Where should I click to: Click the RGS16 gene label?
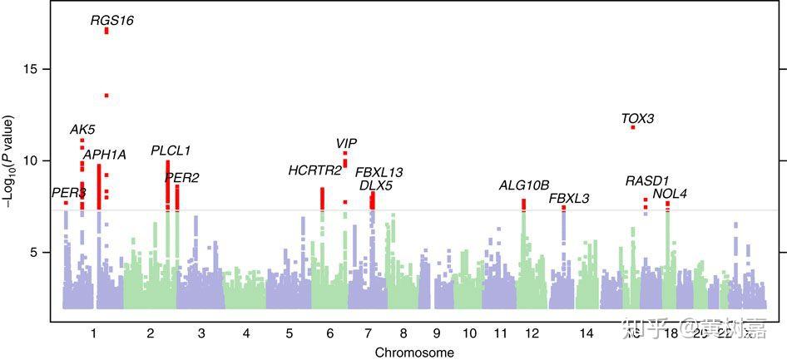[x=112, y=20]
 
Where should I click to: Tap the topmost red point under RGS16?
[x=106, y=31]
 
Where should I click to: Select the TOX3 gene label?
[x=637, y=119]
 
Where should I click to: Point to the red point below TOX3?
[x=633, y=127]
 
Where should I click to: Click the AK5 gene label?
[x=82, y=130]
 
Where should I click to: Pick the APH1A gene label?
[x=104, y=155]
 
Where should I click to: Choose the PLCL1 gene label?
[x=171, y=150]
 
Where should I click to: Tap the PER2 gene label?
[x=181, y=177]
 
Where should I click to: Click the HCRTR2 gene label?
[x=314, y=170]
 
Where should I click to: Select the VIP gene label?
[x=346, y=144]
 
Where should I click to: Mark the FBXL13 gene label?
[x=379, y=172]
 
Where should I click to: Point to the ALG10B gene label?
[x=524, y=185]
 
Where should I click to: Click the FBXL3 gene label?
[x=569, y=198]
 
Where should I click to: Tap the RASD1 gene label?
[x=647, y=180]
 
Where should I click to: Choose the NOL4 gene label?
[x=670, y=194]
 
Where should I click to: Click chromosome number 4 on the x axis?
[x=246, y=333]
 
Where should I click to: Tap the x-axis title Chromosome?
[x=413, y=353]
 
